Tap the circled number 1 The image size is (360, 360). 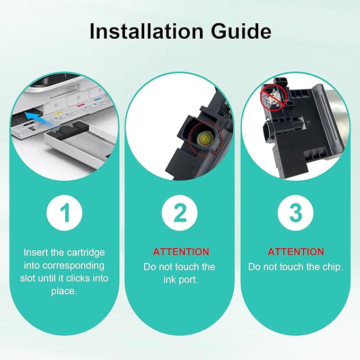(65, 213)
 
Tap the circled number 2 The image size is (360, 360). (180, 213)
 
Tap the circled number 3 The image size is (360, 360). (295, 213)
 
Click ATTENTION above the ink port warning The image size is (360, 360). (180, 252)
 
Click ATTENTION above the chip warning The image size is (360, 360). (295, 252)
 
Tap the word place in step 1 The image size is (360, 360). (65, 291)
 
